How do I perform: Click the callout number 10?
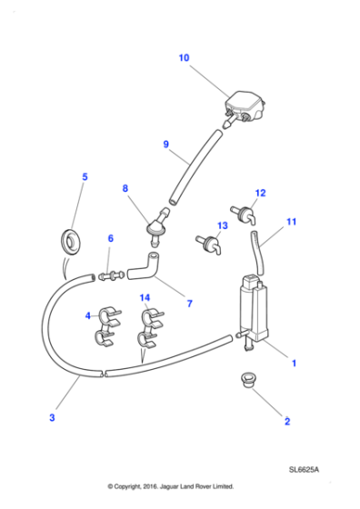click(184, 58)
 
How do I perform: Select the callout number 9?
click(165, 144)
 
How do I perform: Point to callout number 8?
click(125, 188)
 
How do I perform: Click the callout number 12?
click(260, 193)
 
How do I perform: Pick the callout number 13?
click(221, 225)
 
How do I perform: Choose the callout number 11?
click(292, 221)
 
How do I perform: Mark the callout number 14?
click(144, 297)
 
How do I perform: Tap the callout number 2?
click(287, 421)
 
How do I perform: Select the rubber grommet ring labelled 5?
click(70, 242)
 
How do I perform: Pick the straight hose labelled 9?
click(193, 168)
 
